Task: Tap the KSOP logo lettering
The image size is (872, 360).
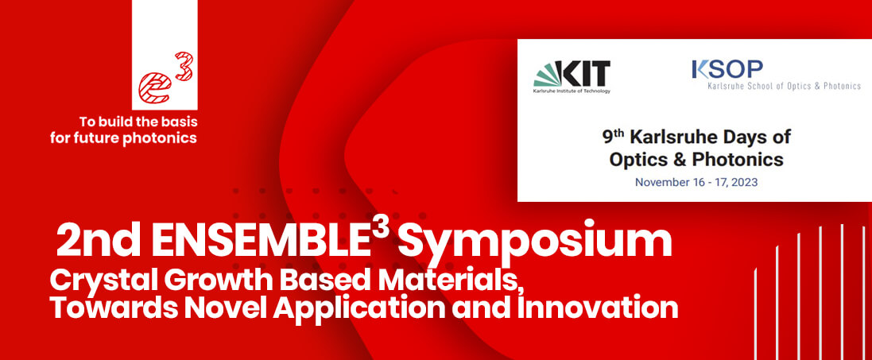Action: click(x=727, y=70)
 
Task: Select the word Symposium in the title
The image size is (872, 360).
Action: click(x=534, y=241)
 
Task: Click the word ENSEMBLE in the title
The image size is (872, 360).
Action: click(x=262, y=240)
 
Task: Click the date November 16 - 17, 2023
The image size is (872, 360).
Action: click(x=696, y=182)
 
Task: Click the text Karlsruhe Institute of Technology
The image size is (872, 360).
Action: click(x=572, y=91)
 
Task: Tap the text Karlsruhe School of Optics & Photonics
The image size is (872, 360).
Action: click(x=784, y=86)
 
